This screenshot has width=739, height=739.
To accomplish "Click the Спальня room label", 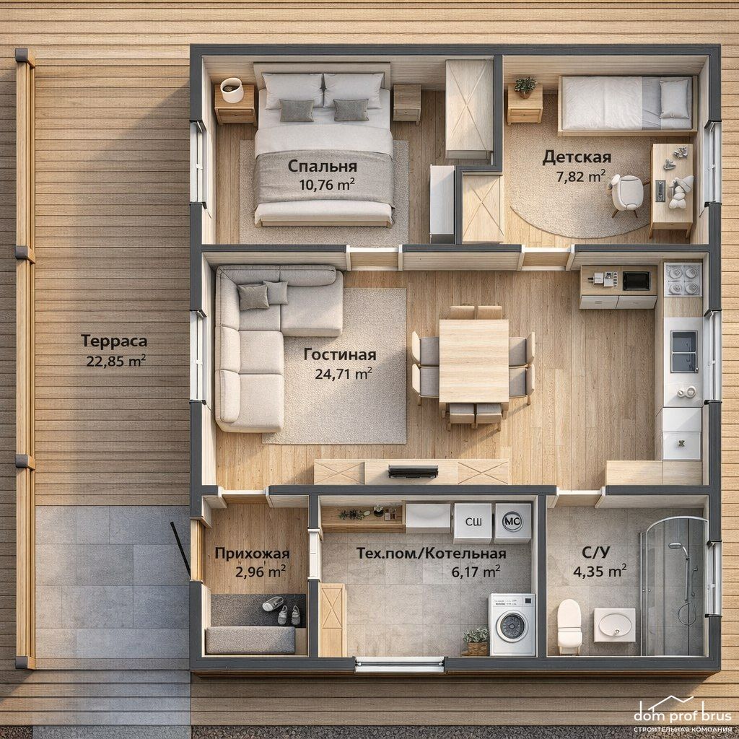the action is coord(323,167).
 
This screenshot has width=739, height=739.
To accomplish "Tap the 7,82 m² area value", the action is coord(581,177).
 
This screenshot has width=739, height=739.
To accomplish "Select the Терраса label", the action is coord(114,341).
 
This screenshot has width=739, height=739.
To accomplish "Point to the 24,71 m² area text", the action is coord(344,374).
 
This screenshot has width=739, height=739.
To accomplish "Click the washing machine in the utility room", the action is coord(512,624).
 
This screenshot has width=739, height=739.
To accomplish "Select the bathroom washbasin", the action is coord(615,625).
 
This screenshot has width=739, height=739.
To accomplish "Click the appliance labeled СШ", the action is coord(473,522).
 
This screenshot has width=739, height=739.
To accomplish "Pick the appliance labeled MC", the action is coord(512,521).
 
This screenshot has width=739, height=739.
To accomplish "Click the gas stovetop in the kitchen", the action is coord(683,279).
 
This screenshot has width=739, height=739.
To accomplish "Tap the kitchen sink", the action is coord(684,351).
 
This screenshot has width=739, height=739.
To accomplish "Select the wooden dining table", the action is coord(473,361).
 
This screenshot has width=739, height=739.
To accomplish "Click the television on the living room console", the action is coord(413,471).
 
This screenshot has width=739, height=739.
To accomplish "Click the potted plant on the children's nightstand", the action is coord(525,87).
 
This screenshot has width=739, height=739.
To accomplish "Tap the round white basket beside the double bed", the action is coord(232,89).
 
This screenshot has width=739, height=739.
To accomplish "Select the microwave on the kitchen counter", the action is coord(637,281).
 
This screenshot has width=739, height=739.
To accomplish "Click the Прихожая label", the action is coord(252,554).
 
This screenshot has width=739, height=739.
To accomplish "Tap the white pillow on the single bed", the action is coord(674,98).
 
